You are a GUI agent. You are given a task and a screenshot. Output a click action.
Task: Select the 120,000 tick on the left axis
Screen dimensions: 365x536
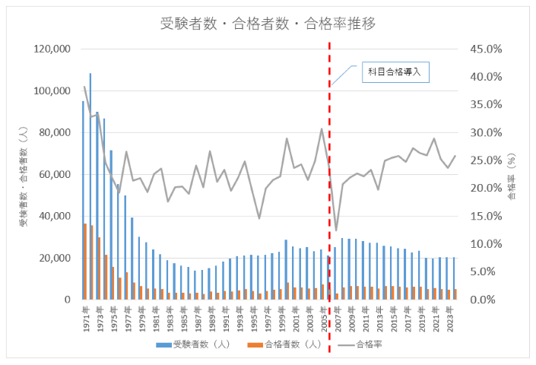coord(52,49)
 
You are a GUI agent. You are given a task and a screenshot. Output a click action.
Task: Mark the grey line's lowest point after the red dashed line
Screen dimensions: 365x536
coord(336,230)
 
